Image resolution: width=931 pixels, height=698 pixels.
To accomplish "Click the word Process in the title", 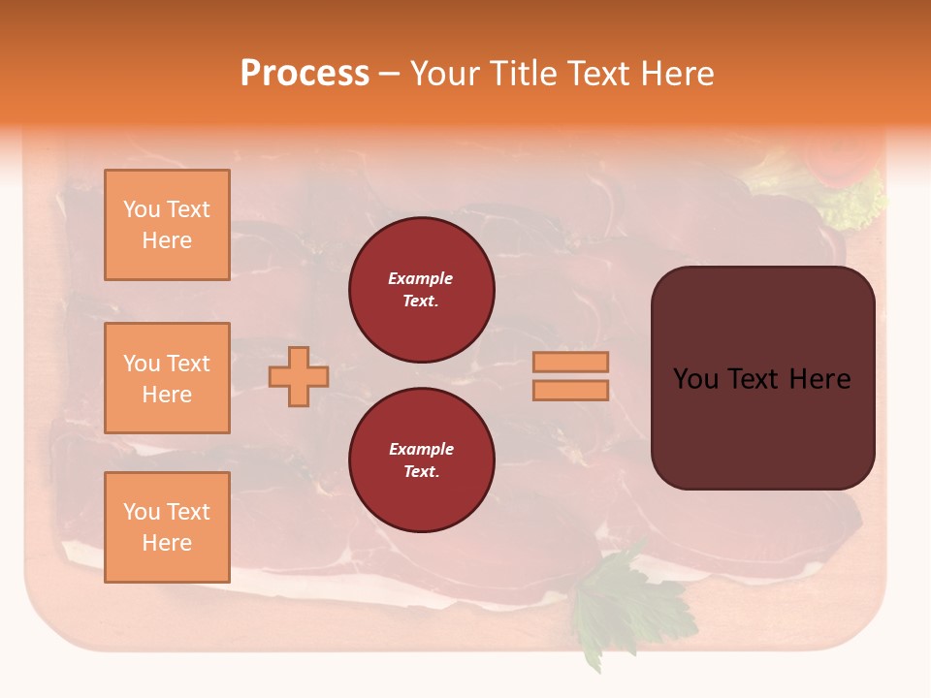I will tap(305, 73).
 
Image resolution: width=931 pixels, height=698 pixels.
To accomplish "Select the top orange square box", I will tap(167, 225).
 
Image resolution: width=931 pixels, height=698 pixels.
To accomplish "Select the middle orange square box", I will tap(167, 378).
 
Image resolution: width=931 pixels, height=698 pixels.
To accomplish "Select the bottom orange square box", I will tap(167, 526).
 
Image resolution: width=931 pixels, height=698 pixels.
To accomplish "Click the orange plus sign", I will tap(299, 376).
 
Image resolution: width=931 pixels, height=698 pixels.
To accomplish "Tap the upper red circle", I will tap(421, 290).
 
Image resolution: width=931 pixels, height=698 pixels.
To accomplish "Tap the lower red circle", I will tap(421, 460).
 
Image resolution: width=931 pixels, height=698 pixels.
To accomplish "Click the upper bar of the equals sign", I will tap(570, 362).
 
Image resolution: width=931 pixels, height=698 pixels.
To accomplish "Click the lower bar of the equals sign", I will tap(570, 390).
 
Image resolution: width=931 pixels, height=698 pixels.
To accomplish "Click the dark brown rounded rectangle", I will tap(762, 427).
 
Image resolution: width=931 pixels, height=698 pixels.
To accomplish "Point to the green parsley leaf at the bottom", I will tap(621, 601).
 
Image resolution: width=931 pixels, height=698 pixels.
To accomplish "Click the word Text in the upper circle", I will tap(421, 301).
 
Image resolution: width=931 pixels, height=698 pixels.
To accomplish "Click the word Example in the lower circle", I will tap(421, 449).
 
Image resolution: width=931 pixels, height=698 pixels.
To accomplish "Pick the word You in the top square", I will tap(142, 209).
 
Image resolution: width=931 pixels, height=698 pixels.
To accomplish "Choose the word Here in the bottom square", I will tap(167, 543).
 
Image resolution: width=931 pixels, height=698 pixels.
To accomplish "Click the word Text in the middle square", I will tap(188, 364).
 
